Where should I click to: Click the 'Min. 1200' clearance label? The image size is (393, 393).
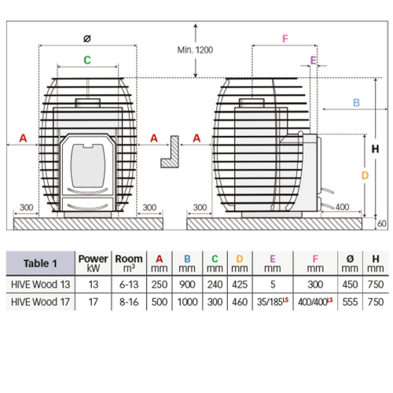click(x=195, y=50)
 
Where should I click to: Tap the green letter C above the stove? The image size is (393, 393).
click(x=87, y=60)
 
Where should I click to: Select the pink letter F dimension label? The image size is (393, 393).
click(x=285, y=39)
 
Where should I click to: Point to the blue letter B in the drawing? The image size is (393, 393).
click(x=356, y=102)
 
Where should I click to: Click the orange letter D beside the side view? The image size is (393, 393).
click(x=365, y=175)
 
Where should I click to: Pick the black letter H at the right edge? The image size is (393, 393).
click(x=375, y=149)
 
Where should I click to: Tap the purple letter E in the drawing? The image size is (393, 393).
click(x=313, y=61)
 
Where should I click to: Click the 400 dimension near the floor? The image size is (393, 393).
click(x=342, y=207)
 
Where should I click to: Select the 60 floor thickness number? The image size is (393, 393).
click(x=382, y=223)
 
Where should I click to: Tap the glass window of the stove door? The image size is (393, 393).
click(x=88, y=165)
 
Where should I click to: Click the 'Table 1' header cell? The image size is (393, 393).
click(x=40, y=263)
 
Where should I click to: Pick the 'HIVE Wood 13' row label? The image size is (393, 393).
click(x=41, y=285)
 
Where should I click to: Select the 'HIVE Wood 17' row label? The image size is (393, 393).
click(x=41, y=302)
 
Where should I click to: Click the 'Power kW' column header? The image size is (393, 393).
click(x=94, y=263)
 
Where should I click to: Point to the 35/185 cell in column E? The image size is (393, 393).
click(x=273, y=302)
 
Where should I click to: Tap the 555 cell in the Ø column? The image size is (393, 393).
click(x=350, y=302)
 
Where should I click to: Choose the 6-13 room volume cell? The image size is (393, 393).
click(x=129, y=285)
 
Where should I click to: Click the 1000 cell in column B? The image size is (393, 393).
click(x=187, y=302)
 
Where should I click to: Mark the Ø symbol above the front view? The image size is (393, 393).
click(x=87, y=39)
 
